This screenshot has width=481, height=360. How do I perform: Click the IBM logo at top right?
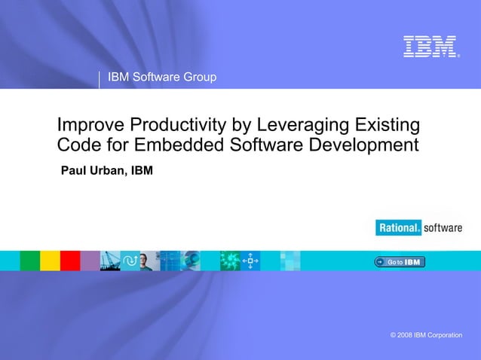coord(430,46)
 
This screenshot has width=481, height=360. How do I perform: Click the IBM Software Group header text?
coord(162,77)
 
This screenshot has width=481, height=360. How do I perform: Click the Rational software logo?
coord(418,227)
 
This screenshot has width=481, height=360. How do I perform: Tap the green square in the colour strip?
coord(29,261)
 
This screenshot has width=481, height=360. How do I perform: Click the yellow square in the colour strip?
coord(50,261)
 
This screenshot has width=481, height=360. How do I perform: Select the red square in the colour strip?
coord(70,261)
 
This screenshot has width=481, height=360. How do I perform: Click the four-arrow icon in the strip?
coord(250,261)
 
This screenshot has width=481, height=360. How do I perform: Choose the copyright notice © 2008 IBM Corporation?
coord(421,334)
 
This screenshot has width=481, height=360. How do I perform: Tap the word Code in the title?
coord(78,144)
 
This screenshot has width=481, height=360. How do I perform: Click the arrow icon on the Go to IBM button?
coord(380,262)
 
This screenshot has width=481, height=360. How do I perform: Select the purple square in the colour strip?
coord(90,261)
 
